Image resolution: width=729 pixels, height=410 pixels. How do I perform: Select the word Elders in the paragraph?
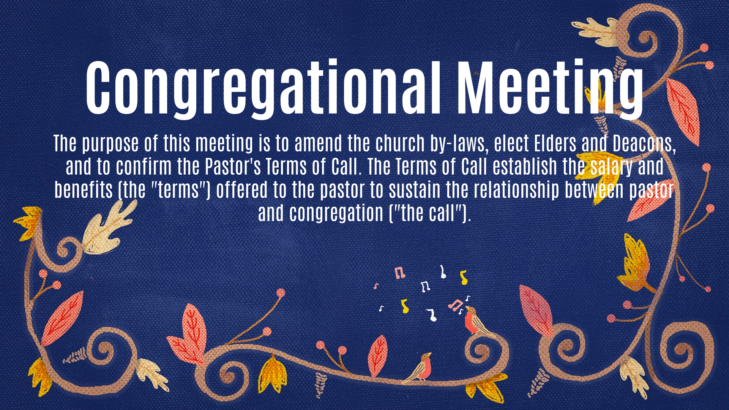coord(555,143)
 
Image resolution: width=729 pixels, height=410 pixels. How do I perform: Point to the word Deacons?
coord(644,143)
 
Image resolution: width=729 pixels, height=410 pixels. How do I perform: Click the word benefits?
coord(84,190)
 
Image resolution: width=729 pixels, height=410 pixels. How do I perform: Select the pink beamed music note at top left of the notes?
coord(399,273)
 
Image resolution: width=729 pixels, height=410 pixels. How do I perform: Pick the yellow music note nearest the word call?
coord(463,278)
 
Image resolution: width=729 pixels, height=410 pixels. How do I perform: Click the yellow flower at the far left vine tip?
coord(29,223)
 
